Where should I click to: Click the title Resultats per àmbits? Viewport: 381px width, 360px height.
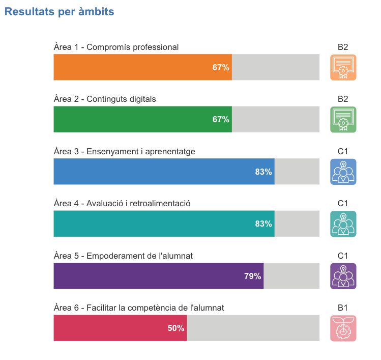coord(59,12)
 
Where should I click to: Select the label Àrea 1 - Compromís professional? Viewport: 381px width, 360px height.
coord(116,47)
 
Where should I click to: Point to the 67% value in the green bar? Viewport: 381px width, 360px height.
coord(221,119)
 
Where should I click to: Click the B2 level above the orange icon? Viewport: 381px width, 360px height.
coord(343,47)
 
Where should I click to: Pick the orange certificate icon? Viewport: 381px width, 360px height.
coord(343,67)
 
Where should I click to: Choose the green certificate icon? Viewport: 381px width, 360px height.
coord(343,119)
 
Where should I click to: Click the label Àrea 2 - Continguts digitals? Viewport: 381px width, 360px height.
coord(105,99)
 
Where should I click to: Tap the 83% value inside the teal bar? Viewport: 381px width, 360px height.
coord(263,224)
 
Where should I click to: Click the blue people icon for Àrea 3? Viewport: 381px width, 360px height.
coord(343,172)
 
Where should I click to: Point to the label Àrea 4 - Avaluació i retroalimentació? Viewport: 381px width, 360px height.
coord(122,203)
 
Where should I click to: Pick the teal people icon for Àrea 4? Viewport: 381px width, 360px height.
coord(343,224)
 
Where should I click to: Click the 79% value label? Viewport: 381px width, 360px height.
coord(252,276)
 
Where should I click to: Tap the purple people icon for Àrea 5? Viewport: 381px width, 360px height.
coord(343,276)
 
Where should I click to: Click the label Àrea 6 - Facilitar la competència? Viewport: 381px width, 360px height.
coord(139,308)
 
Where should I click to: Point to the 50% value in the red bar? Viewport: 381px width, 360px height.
coord(176,328)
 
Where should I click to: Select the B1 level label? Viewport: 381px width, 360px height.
coord(343,308)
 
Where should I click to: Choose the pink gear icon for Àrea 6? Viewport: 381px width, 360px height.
coord(343,328)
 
